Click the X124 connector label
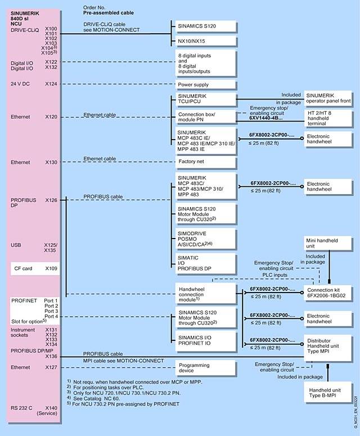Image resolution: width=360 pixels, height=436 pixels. [x=51, y=84]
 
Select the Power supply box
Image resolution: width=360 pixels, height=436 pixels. [x=201, y=84]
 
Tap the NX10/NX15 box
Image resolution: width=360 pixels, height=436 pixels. [x=201, y=42]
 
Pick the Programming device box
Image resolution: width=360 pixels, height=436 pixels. [x=201, y=367]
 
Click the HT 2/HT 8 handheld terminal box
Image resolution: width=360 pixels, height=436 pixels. [x=326, y=117]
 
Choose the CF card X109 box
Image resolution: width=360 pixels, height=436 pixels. [x=35, y=268]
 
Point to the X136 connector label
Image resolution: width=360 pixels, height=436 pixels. [x=51, y=356]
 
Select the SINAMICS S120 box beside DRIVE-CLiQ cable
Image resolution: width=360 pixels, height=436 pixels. [x=201, y=26]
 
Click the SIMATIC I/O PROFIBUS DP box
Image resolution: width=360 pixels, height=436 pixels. [x=201, y=261]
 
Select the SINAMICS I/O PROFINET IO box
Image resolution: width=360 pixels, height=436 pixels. [x=201, y=340]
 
